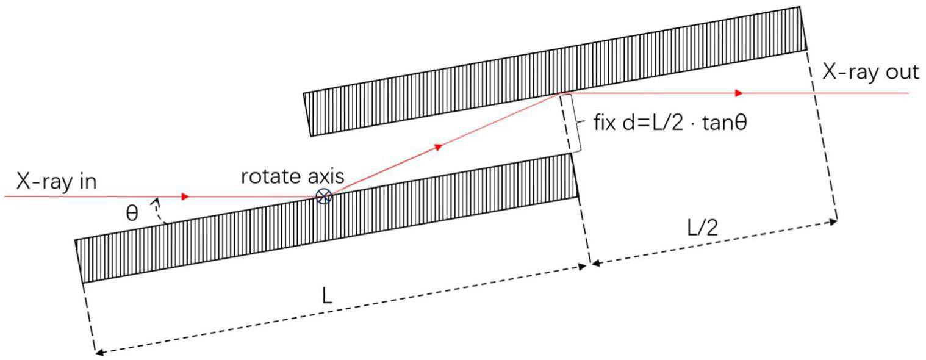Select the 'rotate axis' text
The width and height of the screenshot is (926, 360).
pos(292,176)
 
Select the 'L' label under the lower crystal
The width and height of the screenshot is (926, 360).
pos(328,296)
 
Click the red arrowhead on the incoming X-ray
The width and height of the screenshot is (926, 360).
pos(186,197)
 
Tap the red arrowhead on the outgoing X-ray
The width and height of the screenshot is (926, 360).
pos(739,93)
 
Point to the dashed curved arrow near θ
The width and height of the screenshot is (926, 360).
pos(160,211)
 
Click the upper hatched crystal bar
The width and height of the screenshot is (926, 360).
pos(555,71)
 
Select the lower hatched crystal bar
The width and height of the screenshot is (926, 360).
pos(326,220)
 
